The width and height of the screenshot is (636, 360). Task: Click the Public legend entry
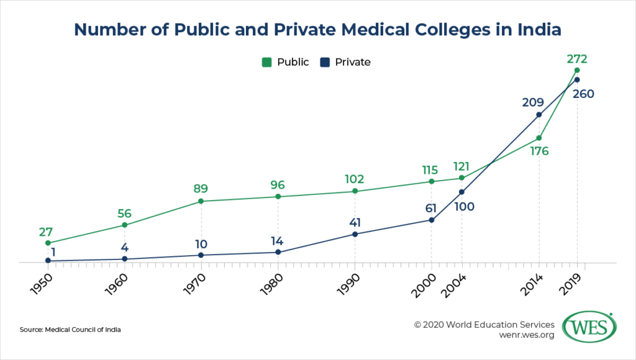[x=286, y=62]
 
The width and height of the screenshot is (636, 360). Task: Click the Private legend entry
[x=347, y=62]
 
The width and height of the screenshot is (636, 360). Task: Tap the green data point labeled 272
[x=577, y=70]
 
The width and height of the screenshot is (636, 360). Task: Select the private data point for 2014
[x=538, y=114]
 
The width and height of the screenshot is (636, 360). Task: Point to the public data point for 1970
[x=201, y=201]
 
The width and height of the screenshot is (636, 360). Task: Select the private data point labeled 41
[x=355, y=234]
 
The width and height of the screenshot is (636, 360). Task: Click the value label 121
[x=461, y=166]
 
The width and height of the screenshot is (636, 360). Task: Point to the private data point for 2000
[x=432, y=220]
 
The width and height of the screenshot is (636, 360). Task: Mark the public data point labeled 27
[x=48, y=243]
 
